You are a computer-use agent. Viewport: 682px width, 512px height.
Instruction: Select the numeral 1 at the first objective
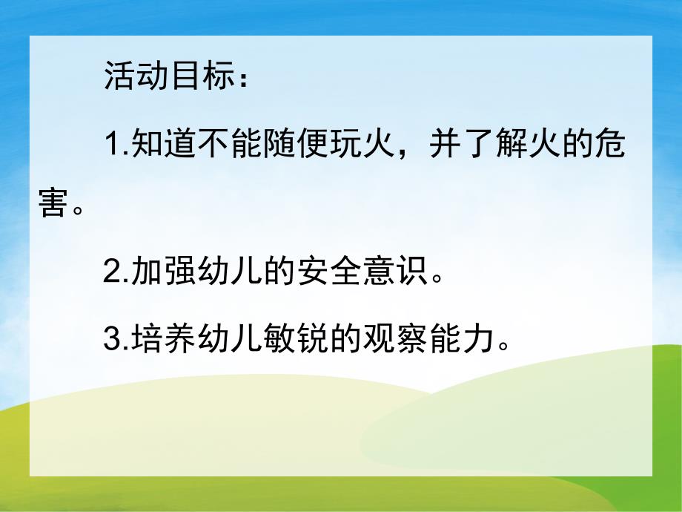(x=112, y=144)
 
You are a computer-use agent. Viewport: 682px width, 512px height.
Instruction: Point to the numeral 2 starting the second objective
(x=112, y=274)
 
